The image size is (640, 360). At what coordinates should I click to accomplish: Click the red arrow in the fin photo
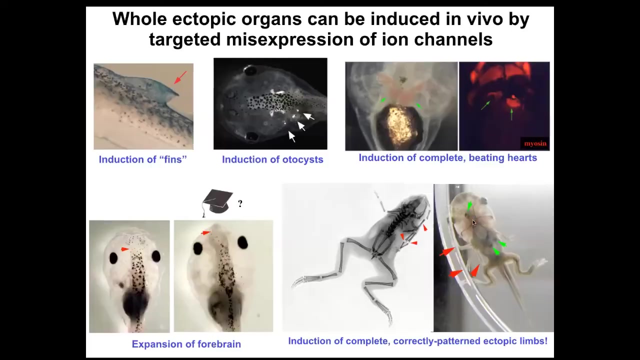pos(180,77)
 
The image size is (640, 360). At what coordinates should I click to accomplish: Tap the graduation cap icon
pos(217,202)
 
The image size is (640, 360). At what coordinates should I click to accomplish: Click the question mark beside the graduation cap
pos(240,203)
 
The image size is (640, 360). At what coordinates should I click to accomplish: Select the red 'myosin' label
pos(535,143)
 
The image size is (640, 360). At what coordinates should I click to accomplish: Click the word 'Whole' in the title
pos(139,19)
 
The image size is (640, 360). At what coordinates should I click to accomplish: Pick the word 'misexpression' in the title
pos(290,39)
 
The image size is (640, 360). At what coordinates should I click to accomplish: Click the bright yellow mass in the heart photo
pos(400,125)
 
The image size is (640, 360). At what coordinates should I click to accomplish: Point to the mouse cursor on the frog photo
pos(474,223)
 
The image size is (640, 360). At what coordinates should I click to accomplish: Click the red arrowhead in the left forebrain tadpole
pos(125,249)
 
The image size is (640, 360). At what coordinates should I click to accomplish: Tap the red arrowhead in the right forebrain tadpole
pos(205,233)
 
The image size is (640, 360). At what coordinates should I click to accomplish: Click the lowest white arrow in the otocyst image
pos(291,136)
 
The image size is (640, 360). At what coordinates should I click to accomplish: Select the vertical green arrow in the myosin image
pos(511,114)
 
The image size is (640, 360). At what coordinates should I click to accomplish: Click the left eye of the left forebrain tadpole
pos(113,258)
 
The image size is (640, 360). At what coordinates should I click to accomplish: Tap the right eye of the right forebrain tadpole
pos(243,242)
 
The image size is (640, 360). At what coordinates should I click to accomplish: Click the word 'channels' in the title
pos(453,39)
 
